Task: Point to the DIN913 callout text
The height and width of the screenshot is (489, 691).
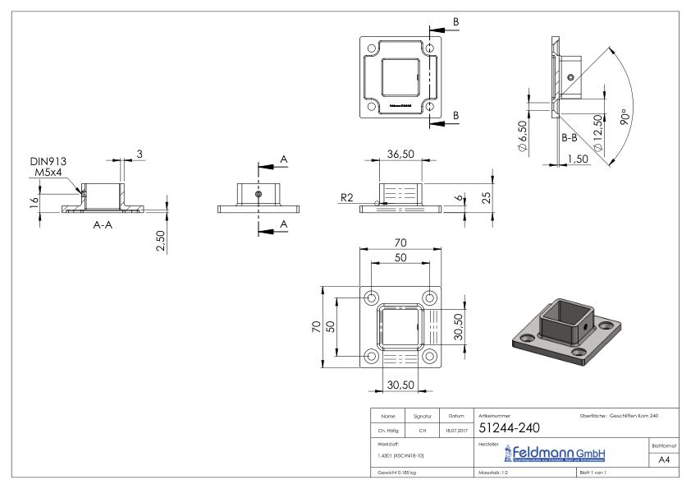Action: [x=48, y=163]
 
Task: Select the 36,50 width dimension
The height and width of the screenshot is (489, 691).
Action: [x=400, y=155]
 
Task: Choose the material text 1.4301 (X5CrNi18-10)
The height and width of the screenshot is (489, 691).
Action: [x=400, y=454]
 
